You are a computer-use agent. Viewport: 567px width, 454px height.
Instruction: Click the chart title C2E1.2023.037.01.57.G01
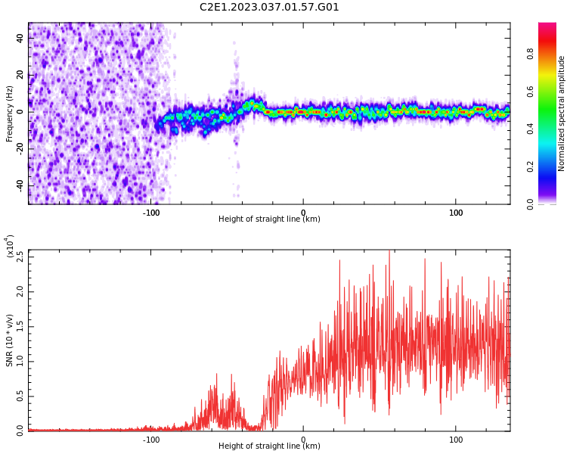tap(269, 8)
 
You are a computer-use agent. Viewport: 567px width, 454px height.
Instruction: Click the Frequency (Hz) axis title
tap(10, 113)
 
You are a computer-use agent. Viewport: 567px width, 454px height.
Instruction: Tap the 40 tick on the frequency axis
tap(20, 38)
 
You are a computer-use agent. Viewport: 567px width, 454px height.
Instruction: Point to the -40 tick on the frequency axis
tap(19, 185)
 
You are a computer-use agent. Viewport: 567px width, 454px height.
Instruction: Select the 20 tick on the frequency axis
tap(20, 75)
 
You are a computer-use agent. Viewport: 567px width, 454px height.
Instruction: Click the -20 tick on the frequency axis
tap(19, 148)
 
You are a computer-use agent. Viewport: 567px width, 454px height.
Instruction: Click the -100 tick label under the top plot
tap(151, 213)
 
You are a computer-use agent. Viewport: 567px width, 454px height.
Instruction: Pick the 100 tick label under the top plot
tap(456, 213)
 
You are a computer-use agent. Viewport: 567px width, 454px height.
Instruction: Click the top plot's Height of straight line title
tap(269, 219)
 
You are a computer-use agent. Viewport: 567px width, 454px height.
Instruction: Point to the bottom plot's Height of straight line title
tap(269, 446)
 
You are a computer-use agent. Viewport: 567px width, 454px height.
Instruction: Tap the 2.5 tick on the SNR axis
tap(20, 257)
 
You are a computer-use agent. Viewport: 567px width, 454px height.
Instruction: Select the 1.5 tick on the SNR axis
tap(20, 326)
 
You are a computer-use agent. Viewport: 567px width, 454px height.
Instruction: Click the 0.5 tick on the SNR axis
tap(20, 396)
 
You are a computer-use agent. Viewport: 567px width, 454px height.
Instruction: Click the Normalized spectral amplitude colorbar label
tap(562, 113)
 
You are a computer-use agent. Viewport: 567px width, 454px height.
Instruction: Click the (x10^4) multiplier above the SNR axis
tap(10, 247)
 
